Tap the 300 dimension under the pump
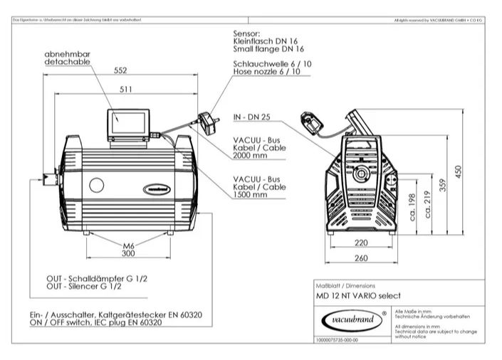(128, 253)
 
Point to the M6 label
(128, 244)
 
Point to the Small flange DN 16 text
(268, 50)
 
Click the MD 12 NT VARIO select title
(359, 295)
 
